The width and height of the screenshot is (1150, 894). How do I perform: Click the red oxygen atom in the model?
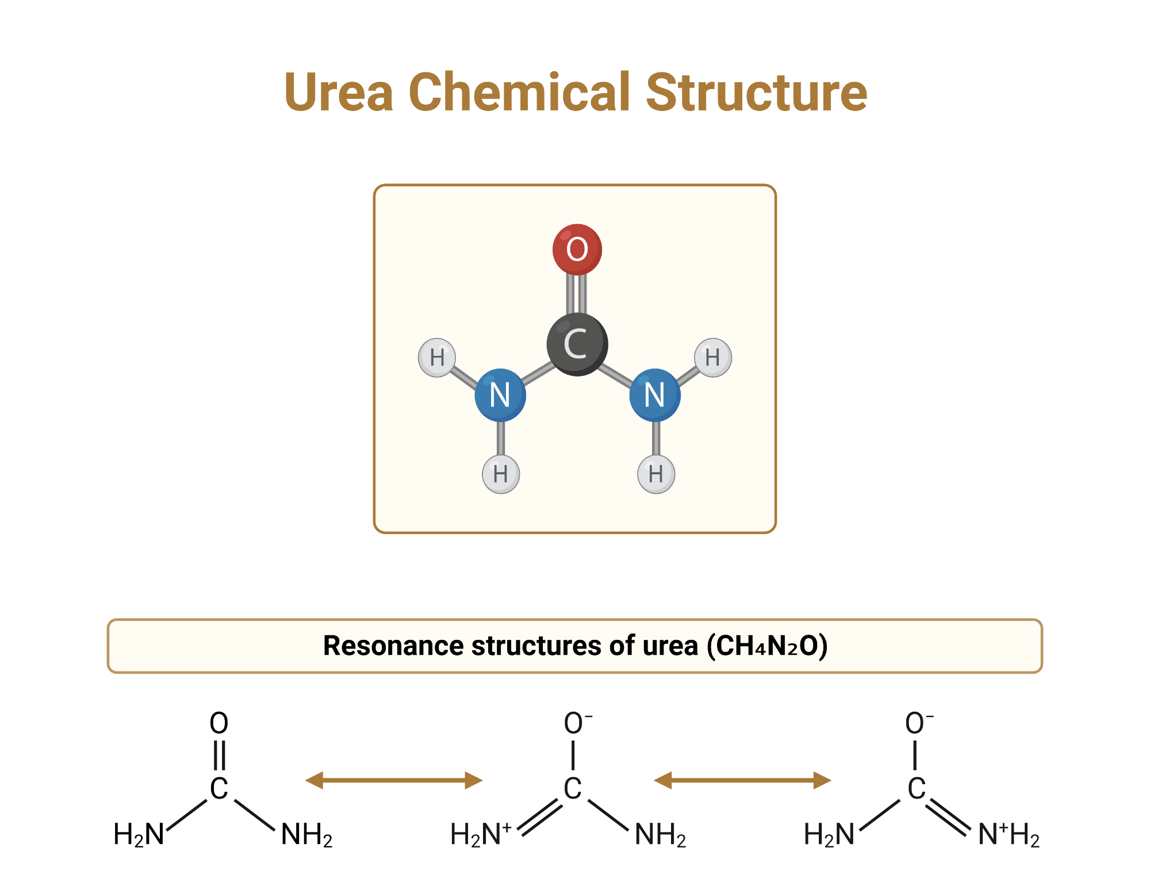point(577,250)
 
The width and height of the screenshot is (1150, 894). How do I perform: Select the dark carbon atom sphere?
point(577,344)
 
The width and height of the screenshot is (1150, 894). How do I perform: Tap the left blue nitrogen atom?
point(500,395)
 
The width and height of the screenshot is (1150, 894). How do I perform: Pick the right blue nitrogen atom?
point(654,395)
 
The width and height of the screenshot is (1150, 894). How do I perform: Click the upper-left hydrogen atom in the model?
point(437,358)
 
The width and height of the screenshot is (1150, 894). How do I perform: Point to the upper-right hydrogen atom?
point(712,358)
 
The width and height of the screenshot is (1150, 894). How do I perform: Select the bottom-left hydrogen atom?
point(500,474)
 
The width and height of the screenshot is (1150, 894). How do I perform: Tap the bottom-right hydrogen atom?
point(655,474)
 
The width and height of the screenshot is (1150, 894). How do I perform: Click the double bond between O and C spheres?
point(576,294)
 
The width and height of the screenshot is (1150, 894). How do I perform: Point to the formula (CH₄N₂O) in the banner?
point(767,646)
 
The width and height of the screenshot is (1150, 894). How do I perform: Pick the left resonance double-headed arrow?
point(393,780)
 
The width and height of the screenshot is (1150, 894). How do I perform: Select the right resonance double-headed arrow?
point(742,780)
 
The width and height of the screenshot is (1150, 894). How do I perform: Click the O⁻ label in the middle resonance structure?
point(577,723)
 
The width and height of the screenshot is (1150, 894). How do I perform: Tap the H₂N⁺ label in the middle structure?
point(480,834)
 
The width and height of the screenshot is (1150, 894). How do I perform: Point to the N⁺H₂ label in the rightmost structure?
point(1009,834)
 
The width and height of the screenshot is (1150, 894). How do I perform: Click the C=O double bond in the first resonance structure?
point(219,755)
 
